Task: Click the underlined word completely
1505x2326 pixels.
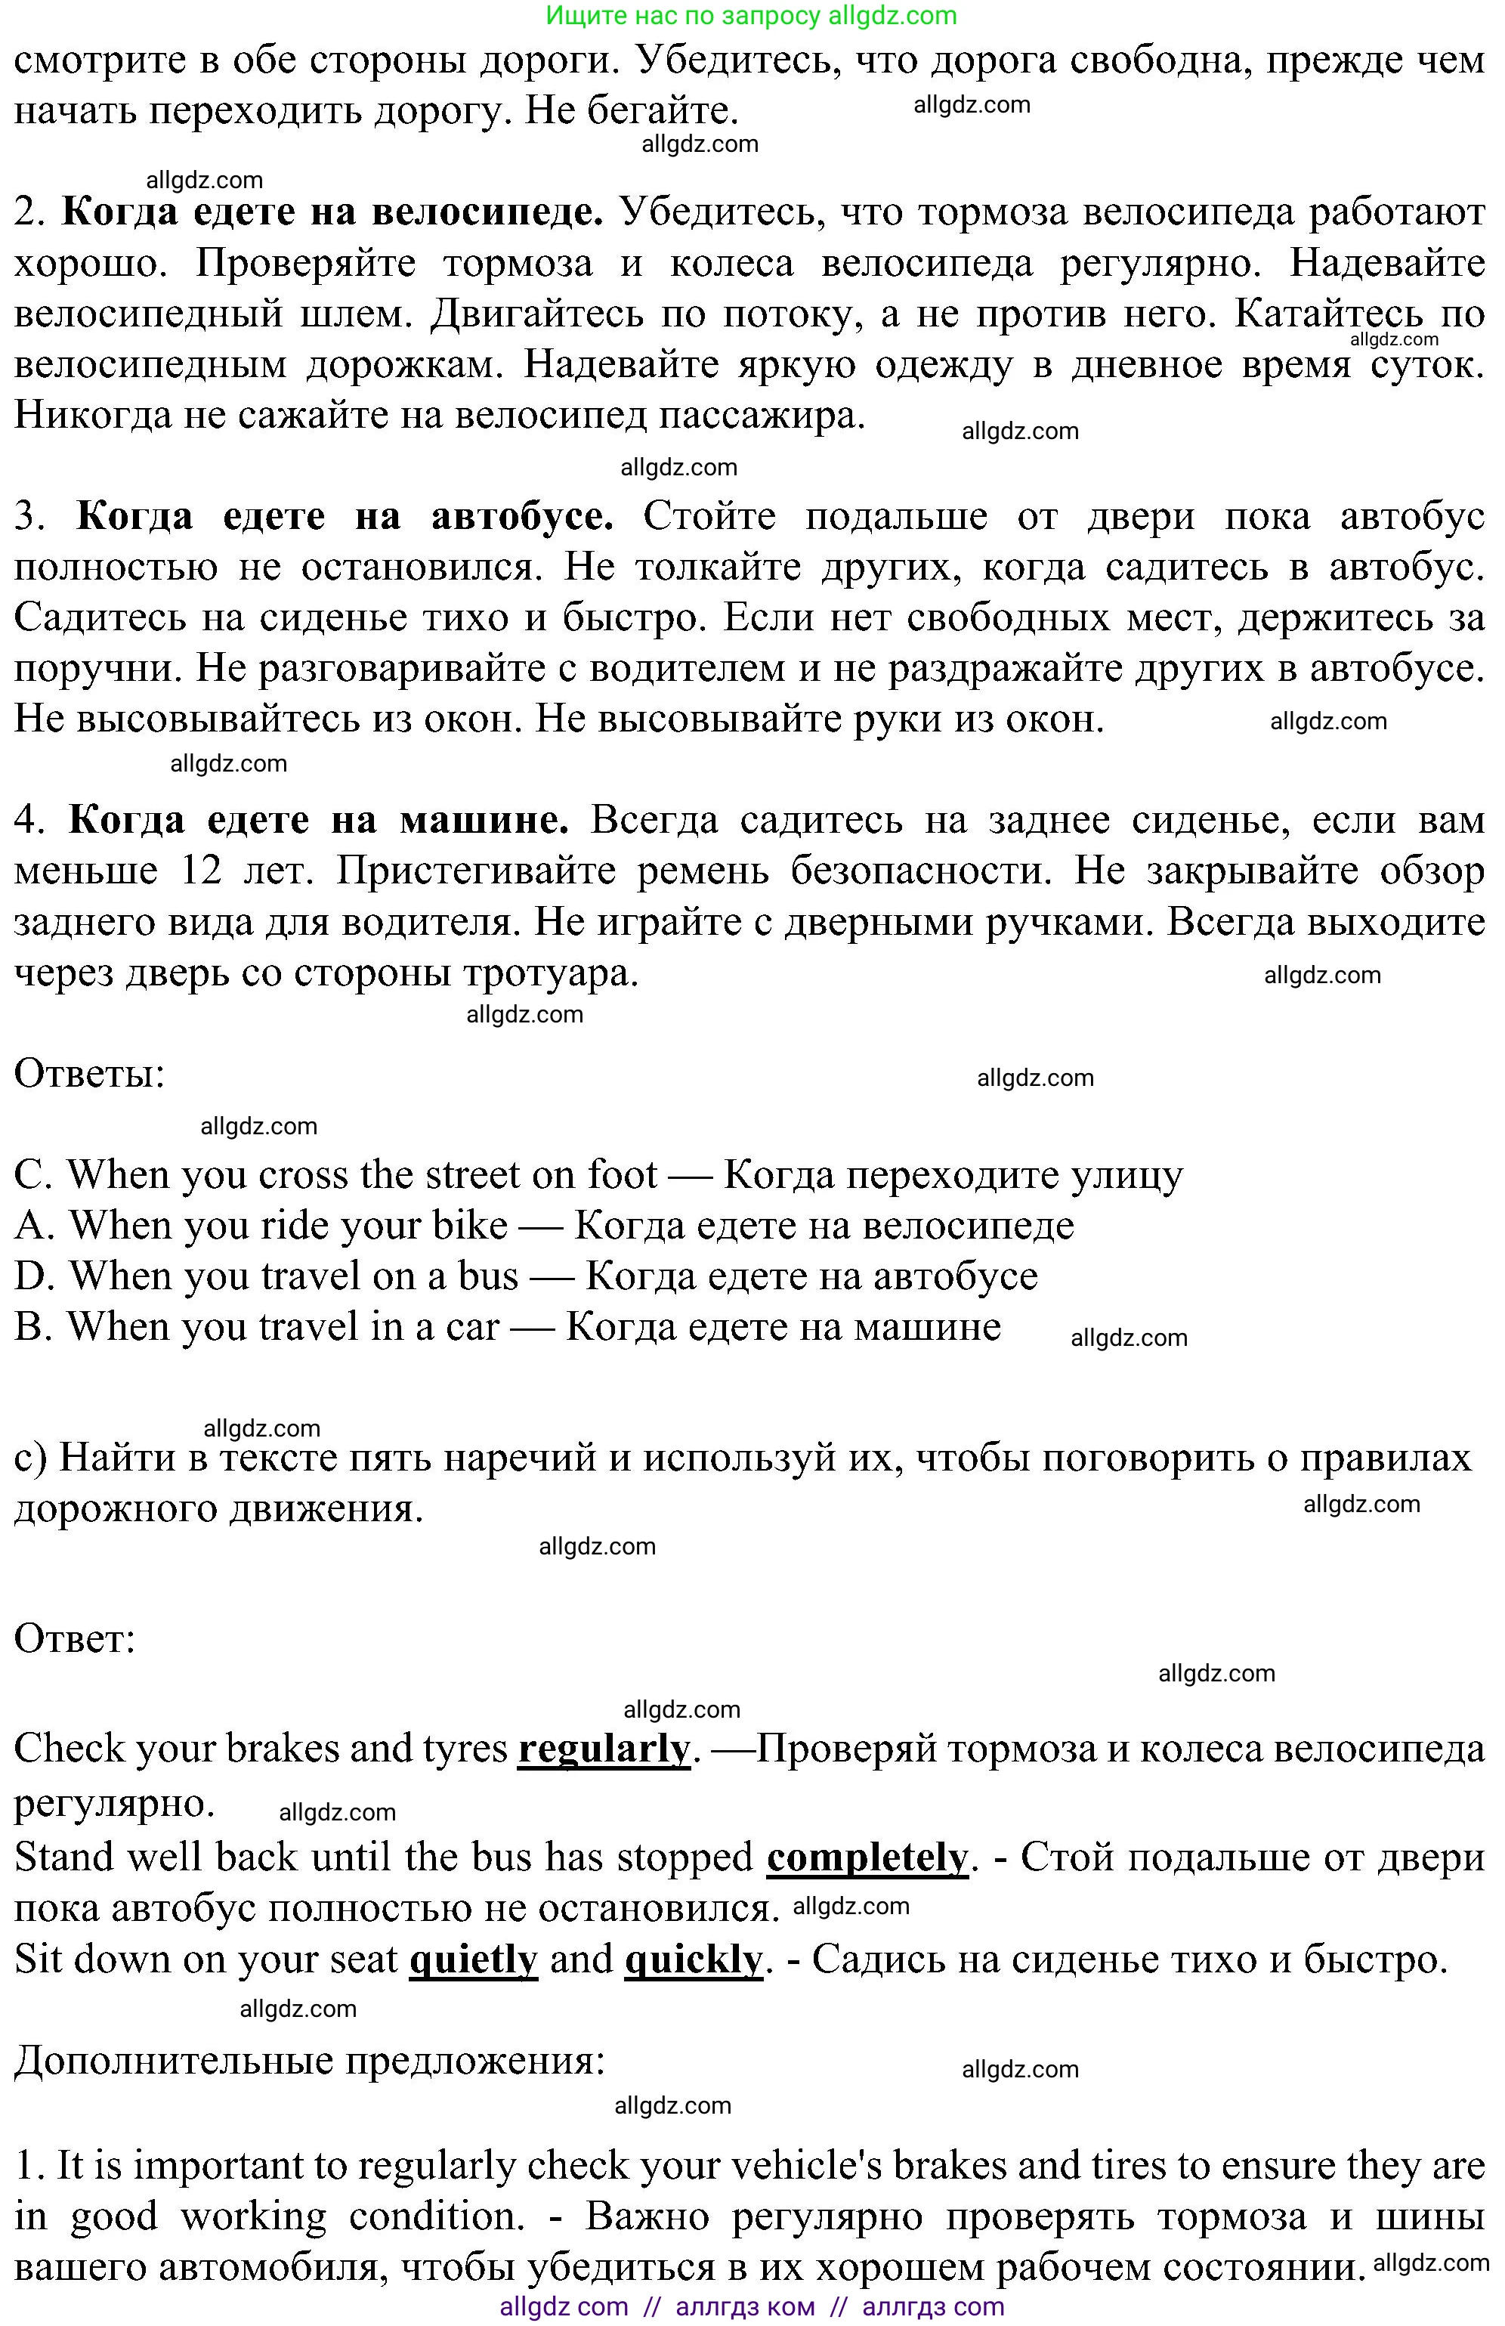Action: pos(867,1857)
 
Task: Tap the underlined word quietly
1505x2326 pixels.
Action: pos(473,1959)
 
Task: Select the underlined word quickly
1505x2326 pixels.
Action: pos(693,1959)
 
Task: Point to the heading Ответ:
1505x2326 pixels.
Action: pos(74,1639)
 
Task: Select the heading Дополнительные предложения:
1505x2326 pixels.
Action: pos(309,2062)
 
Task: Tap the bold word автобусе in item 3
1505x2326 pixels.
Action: pos(522,515)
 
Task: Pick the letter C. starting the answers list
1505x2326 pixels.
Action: pos(33,1175)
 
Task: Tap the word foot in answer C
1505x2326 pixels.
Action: pos(622,1175)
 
